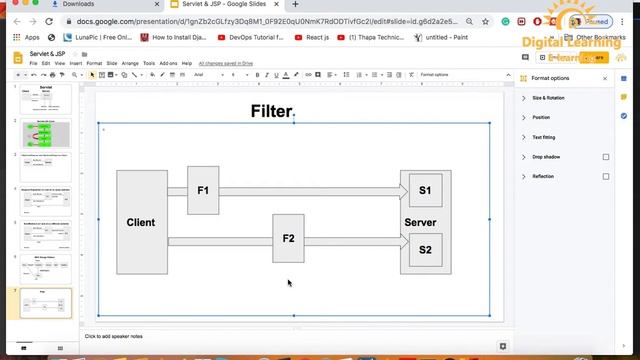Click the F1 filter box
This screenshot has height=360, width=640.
coord(203,190)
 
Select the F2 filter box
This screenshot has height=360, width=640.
coord(288,238)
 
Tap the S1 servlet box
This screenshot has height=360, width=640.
coord(425,190)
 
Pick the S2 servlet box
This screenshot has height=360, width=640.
coord(425,249)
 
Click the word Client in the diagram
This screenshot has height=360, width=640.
coord(141,222)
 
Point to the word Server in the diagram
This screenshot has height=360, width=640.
coord(420,222)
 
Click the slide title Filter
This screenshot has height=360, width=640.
coord(271,111)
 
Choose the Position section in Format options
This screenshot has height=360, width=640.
coord(541,117)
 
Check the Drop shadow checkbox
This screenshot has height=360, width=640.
coord(606,157)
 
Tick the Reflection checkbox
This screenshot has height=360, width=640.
coord(606,176)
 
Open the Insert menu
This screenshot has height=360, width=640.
coord(76,63)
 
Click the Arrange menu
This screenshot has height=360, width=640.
coord(130,63)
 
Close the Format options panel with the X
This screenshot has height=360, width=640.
coord(605,78)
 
